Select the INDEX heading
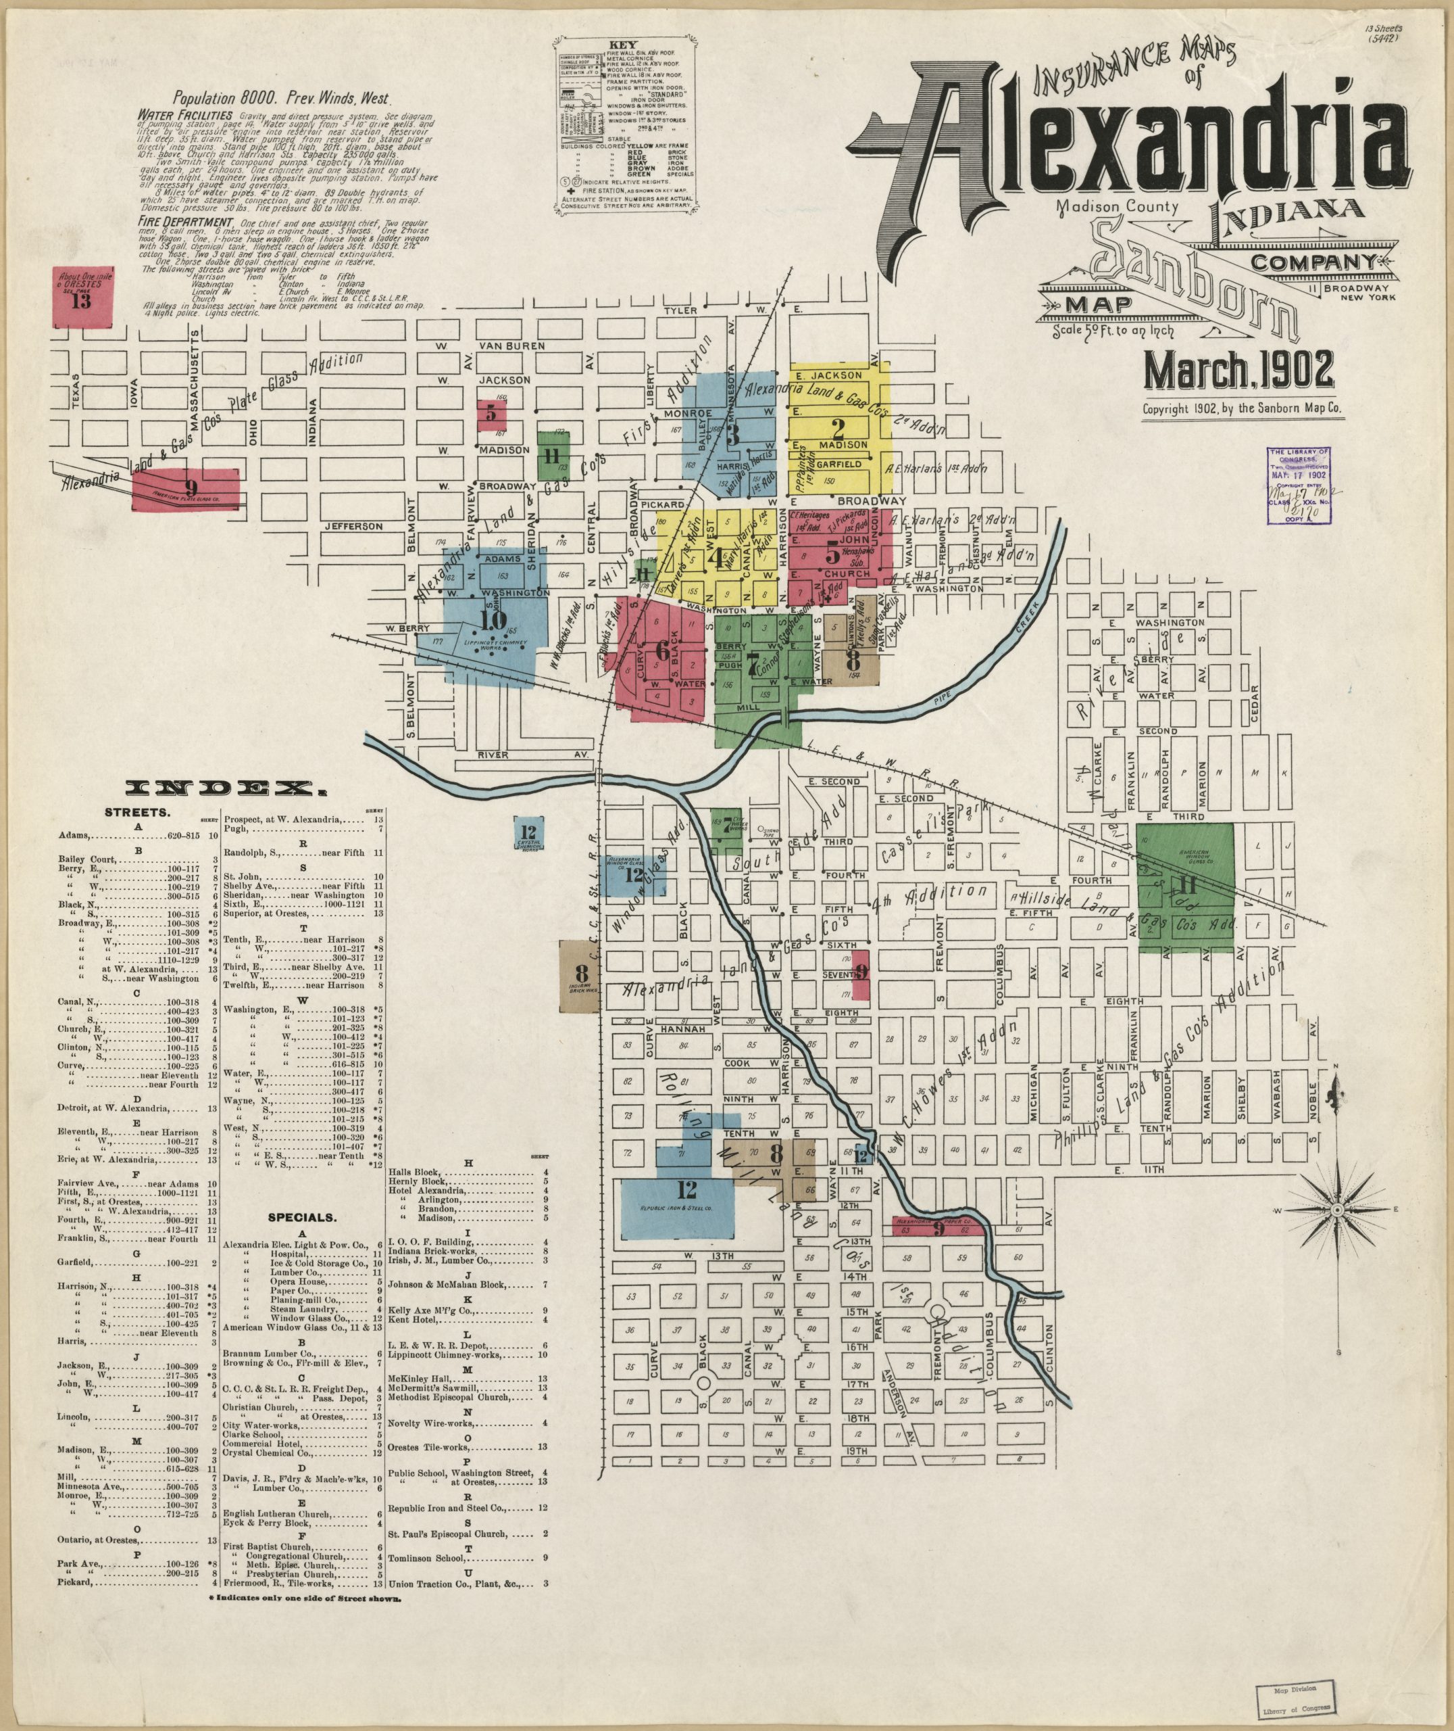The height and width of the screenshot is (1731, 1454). point(225,789)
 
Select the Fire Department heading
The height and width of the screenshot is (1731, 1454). point(185,222)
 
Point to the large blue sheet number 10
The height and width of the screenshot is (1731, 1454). point(495,620)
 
